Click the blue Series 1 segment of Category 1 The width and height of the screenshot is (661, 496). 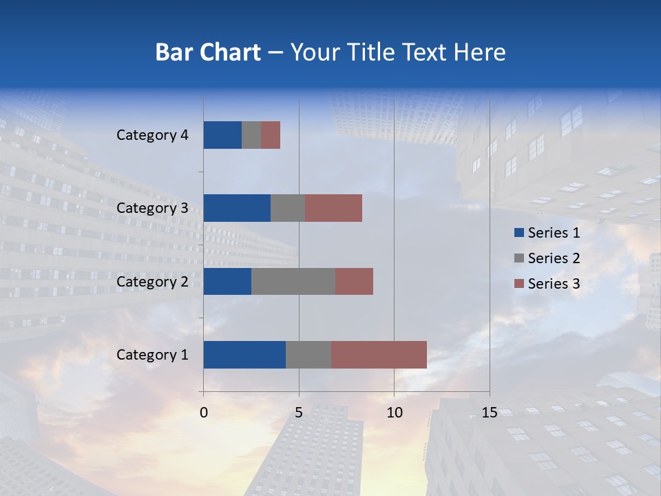click(244, 355)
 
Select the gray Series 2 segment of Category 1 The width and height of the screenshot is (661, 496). click(308, 355)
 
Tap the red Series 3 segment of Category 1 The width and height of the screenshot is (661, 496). click(379, 355)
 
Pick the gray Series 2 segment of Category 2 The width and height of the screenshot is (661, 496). click(293, 281)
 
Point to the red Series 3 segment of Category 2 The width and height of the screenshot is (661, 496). click(354, 281)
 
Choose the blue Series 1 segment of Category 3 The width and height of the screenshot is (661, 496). click(237, 208)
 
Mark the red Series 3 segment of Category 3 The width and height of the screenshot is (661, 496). click(333, 208)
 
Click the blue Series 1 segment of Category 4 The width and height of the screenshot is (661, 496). click(222, 135)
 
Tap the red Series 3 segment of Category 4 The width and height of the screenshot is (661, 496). click(271, 135)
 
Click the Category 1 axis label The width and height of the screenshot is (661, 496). click(151, 355)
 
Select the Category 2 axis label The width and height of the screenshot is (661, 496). click(151, 281)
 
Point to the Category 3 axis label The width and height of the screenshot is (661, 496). click(151, 208)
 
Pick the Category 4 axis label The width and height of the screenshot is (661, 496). click(151, 135)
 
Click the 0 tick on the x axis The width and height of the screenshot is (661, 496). click(204, 413)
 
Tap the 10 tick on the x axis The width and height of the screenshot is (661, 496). click(394, 413)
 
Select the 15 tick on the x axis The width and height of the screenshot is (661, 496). click(489, 413)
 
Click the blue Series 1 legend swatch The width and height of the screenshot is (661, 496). click(518, 233)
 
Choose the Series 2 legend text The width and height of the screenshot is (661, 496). click(554, 258)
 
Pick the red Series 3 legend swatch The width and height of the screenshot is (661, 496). click(518, 284)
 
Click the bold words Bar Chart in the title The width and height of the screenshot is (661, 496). click(208, 52)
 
